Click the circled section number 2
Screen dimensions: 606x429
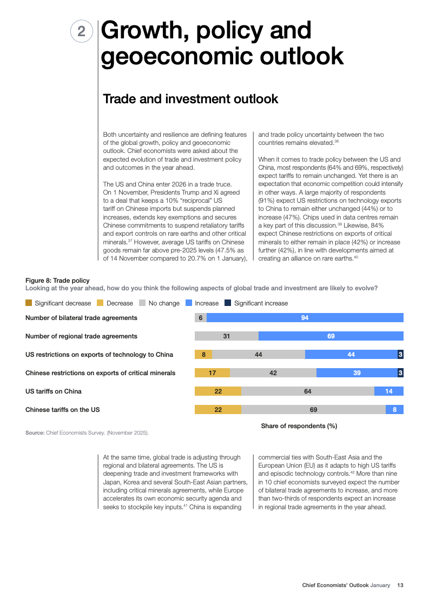click(81, 31)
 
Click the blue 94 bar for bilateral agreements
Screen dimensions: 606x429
click(305, 318)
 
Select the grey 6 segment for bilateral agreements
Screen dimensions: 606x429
click(201, 318)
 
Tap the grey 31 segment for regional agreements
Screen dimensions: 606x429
click(227, 336)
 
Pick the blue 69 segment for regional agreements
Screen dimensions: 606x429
click(331, 336)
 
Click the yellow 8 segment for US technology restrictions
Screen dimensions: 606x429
click(203, 355)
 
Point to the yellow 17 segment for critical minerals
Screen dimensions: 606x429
click(213, 373)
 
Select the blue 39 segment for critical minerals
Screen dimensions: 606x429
click(357, 373)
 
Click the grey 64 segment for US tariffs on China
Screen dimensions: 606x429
click(308, 391)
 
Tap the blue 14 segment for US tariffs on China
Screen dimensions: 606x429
click(389, 391)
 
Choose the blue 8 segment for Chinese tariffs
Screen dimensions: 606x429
click(394, 410)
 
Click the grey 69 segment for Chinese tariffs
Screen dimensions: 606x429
click(313, 410)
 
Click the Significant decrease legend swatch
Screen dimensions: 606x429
click(29, 303)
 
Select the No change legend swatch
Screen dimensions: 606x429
click(142, 303)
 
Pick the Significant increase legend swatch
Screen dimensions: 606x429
click(228, 303)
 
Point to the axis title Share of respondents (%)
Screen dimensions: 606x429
click(299, 426)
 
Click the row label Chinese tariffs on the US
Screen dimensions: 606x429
click(63, 410)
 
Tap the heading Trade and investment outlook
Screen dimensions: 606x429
click(190, 99)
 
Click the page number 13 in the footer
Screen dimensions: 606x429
click(400, 585)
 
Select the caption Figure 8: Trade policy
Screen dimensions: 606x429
click(57, 281)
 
